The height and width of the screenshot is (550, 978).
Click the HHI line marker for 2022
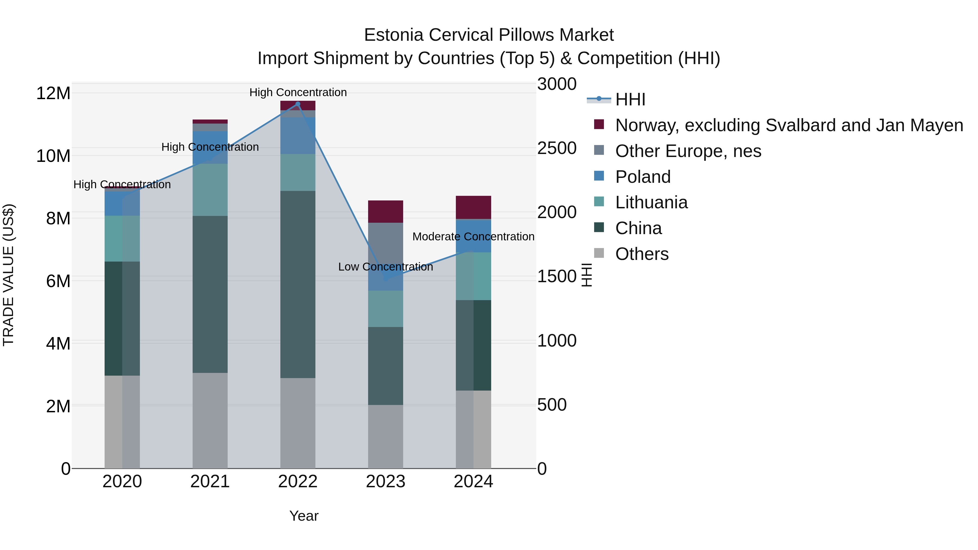click(298, 104)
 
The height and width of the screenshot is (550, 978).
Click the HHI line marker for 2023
click(386, 279)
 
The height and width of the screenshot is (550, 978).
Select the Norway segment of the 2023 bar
click(386, 211)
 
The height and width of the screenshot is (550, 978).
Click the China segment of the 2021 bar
click(210, 294)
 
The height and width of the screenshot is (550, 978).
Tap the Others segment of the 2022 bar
click(298, 423)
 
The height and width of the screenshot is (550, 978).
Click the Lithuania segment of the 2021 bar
click(210, 190)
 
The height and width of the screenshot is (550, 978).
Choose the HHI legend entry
click(630, 99)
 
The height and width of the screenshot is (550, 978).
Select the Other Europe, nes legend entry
click(688, 151)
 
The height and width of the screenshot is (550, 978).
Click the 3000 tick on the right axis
click(557, 84)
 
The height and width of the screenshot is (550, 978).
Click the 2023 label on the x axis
click(386, 482)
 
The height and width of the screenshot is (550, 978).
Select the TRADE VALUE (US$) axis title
click(8, 275)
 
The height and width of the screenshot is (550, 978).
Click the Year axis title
click(304, 516)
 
